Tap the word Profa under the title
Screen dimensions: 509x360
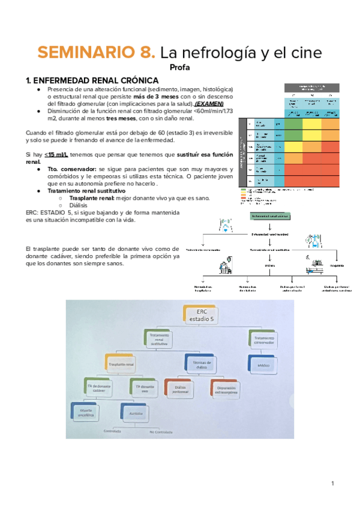[x=180, y=68]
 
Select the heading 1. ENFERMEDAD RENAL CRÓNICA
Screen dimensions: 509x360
[x=92, y=80]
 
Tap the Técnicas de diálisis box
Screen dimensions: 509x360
[x=200, y=363]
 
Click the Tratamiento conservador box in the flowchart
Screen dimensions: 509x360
[x=264, y=340]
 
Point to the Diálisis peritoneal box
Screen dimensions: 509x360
[x=178, y=388]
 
